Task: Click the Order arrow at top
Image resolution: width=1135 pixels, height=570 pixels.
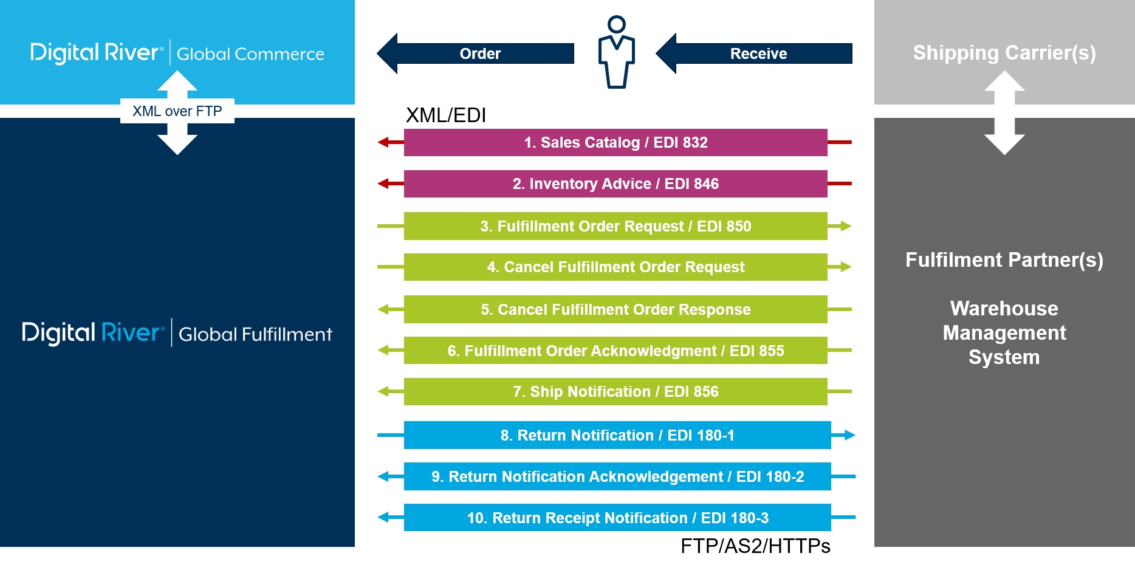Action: click(480, 53)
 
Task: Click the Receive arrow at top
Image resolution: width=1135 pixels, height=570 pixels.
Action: click(758, 53)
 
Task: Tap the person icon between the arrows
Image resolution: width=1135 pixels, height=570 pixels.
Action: click(616, 53)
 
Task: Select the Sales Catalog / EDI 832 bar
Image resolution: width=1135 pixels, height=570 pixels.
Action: click(616, 142)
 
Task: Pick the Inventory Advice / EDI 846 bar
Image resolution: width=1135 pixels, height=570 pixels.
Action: click(616, 184)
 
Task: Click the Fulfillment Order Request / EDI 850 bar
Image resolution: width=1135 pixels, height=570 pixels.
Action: click(616, 226)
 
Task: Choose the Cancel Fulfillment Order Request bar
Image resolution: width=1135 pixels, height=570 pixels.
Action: click(616, 267)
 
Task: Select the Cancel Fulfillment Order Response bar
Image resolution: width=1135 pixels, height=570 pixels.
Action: click(616, 309)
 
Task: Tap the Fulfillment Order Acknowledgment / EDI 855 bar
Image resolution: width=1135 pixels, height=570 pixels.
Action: click(616, 351)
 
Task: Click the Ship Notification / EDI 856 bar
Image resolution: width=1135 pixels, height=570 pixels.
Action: click(616, 391)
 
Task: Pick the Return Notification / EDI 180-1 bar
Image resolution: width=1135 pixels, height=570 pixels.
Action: click(617, 435)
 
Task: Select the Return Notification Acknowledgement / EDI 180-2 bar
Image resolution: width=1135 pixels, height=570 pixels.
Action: click(617, 476)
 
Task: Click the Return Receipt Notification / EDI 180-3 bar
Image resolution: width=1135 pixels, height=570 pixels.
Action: click(617, 518)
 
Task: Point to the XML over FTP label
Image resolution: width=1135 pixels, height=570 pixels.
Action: click(177, 111)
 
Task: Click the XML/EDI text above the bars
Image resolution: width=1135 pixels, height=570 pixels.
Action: click(445, 115)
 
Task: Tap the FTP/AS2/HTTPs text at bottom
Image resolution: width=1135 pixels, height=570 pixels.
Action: click(755, 546)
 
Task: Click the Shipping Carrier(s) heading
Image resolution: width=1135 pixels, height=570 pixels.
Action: click(1004, 53)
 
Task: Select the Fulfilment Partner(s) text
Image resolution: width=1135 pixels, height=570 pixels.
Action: click(1004, 260)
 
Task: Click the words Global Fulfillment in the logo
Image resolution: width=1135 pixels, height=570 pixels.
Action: click(255, 334)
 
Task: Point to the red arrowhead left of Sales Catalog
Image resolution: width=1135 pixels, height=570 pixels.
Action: click(383, 142)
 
